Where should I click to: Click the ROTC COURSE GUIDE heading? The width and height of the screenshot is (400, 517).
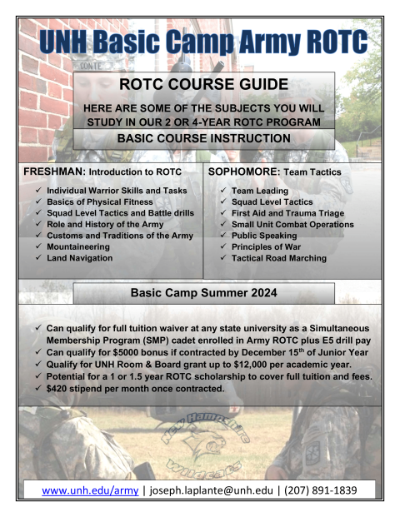point(204,84)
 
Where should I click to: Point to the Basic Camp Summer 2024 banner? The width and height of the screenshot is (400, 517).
point(204,293)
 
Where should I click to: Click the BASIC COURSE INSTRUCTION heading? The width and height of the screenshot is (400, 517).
point(204,138)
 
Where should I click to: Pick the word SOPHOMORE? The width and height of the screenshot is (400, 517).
point(244,172)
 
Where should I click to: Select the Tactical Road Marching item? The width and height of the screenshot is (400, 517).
point(279,259)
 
